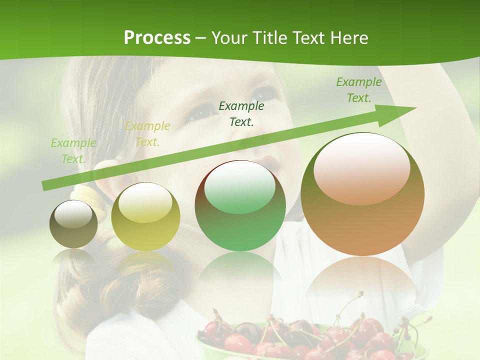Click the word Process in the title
tap(157, 38)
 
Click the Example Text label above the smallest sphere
tap(73, 151)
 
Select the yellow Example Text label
tap(147, 134)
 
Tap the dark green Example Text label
tap(241, 113)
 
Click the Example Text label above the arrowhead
tap(359, 90)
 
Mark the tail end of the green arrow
tap(45, 186)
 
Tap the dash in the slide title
tap(201, 38)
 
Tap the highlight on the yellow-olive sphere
tap(145, 201)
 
